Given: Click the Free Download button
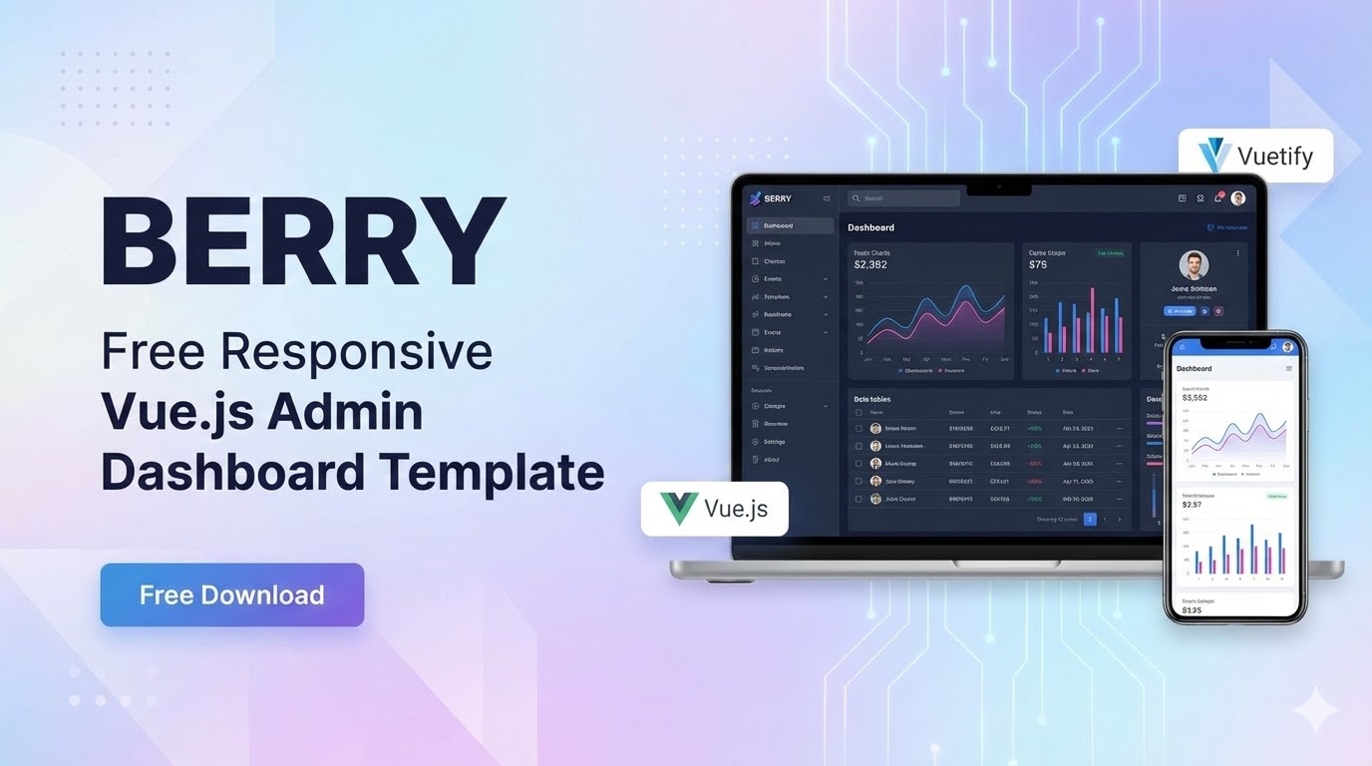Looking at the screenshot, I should click(231, 594).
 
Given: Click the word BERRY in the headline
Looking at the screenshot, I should click(303, 241).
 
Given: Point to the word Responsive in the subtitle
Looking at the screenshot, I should click(356, 351).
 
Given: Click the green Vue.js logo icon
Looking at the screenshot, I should click(678, 509).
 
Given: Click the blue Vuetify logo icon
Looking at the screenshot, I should click(1214, 157).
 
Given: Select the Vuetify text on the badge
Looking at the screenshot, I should click(1274, 157).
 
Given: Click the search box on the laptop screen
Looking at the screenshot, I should click(903, 198).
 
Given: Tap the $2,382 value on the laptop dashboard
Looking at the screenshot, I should click(870, 264).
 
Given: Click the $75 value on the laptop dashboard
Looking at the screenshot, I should click(1038, 264).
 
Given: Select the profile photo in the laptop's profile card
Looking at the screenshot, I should click(1194, 265).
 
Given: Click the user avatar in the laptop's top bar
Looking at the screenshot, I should click(1237, 198).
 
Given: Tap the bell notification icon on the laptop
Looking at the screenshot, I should click(1217, 198).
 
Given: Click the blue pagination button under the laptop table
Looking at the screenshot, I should click(1090, 519).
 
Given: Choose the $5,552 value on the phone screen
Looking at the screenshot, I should click(1195, 397).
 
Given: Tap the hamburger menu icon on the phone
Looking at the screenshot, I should click(1288, 369).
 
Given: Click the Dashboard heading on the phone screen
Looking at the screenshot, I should click(1195, 369).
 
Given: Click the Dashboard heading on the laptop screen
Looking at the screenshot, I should click(870, 227).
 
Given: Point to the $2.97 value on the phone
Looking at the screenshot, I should click(1192, 505).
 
